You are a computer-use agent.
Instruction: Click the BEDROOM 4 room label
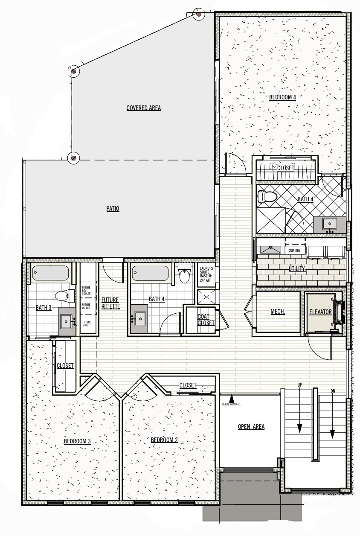click(x=282, y=97)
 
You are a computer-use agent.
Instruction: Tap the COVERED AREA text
click(x=143, y=108)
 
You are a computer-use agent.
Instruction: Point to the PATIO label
click(x=113, y=209)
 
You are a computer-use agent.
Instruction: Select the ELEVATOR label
click(x=320, y=312)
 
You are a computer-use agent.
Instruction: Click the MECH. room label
click(x=278, y=311)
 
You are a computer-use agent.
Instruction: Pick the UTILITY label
click(x=296, y=269)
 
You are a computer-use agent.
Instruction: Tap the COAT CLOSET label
click(x=206, y=320)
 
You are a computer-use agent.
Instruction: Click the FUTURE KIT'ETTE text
click(x=110, y=303)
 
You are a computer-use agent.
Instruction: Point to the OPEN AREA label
click(x=251, y=427)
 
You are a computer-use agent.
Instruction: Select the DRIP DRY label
click(x=294, y=251)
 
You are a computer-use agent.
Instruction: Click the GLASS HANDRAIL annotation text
click(x=231, y=405)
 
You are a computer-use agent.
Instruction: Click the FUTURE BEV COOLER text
click(x=86, y=291)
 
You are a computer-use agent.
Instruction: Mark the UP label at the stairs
click(x=300, y=385)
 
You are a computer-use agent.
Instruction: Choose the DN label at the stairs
click(x=333, y=391)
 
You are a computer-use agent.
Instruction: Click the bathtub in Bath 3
click(x=50, y=273)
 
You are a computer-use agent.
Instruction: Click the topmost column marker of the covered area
click(x=199, y=15)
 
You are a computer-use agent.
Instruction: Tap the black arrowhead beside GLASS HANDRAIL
click(x=231, y=399)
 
